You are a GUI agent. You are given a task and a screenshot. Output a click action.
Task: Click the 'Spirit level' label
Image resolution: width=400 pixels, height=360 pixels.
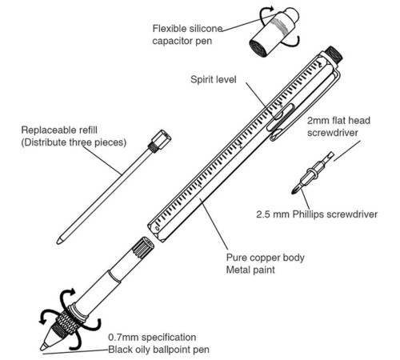(214, 80)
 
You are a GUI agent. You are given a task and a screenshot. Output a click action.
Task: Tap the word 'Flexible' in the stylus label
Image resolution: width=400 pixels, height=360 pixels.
(170, 29)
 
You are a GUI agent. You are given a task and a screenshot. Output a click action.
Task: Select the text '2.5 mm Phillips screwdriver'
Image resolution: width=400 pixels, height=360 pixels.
(317, 214)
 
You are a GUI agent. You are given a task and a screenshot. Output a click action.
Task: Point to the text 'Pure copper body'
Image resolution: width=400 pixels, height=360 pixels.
(266, 258)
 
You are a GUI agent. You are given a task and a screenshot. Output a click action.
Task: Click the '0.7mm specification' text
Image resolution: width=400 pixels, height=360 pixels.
(152, 337)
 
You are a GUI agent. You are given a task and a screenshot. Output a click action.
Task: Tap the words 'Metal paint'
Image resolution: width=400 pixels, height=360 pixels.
(250, 270)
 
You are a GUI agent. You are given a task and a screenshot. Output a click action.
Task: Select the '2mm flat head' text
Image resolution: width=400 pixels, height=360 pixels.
(338, 121)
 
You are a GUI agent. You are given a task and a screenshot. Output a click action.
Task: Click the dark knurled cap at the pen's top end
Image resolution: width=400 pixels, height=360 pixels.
(334, 54)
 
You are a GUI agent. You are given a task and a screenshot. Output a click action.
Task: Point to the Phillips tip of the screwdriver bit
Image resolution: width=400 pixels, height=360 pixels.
(295, 189)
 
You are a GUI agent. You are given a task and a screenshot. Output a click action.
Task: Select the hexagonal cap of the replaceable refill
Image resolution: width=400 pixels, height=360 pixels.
(162, 138)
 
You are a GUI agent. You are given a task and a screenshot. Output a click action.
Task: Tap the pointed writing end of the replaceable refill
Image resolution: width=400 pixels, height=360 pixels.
(59, 241)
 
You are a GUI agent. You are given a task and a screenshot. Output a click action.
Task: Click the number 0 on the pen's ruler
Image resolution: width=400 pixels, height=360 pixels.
(158, 228)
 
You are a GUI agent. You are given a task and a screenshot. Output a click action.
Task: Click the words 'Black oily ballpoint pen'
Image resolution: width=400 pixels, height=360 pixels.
(158, 350)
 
